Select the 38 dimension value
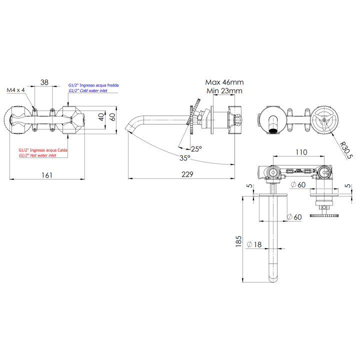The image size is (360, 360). click(x=44, y=82)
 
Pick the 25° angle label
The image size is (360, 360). click(x=196, y=148)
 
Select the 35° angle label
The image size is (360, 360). click(x=185, y=157)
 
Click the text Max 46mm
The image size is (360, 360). click(x=224, y=82)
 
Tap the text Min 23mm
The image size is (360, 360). click(x=225, y=91)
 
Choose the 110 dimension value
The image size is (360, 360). click(x=300, y=152)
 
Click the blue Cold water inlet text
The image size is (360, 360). click(x=87, y=91)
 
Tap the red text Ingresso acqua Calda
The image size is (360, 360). click(x=43, y=150)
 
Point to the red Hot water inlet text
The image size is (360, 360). click(x=37, y=155)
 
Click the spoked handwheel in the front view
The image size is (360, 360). click(x=324, y=120)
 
